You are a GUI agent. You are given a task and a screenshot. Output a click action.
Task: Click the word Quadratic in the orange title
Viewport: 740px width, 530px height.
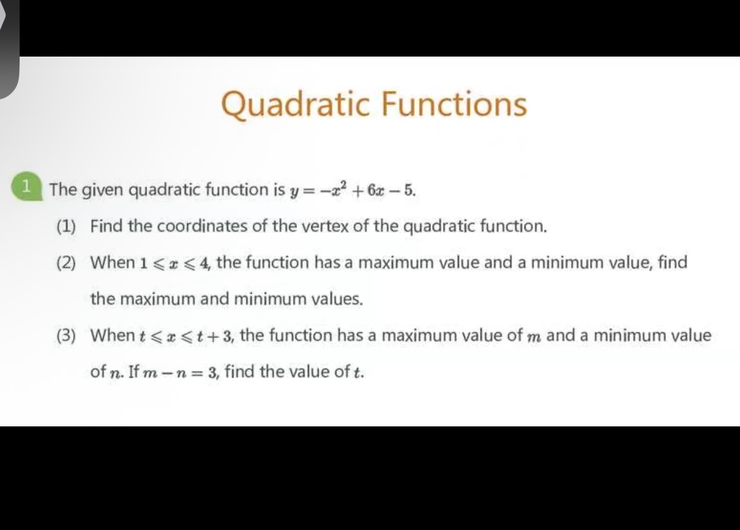coord(295,104)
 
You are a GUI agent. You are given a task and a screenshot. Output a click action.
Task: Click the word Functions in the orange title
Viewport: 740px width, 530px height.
coord(454,104)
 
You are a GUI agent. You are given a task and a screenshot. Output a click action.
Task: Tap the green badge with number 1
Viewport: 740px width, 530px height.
coord(25,186)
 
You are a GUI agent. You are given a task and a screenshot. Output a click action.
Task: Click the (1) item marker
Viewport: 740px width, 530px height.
coord(67,226)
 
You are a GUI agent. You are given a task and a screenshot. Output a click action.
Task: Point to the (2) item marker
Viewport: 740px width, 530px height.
coord(67,263)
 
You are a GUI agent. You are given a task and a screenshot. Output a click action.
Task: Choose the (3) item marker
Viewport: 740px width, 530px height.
coord(67,335)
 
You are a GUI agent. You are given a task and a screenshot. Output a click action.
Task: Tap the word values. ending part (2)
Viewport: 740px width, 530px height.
coord(338,299)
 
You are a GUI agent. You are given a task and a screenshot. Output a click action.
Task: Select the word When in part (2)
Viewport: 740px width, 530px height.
coord(113,263)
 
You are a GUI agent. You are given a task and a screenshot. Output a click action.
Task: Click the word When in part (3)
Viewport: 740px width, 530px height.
coord(113,335)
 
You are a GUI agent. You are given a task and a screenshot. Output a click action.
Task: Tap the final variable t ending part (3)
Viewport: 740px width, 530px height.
coord(358,373)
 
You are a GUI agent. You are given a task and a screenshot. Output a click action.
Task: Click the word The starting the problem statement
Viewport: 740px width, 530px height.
coord(63,191)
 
